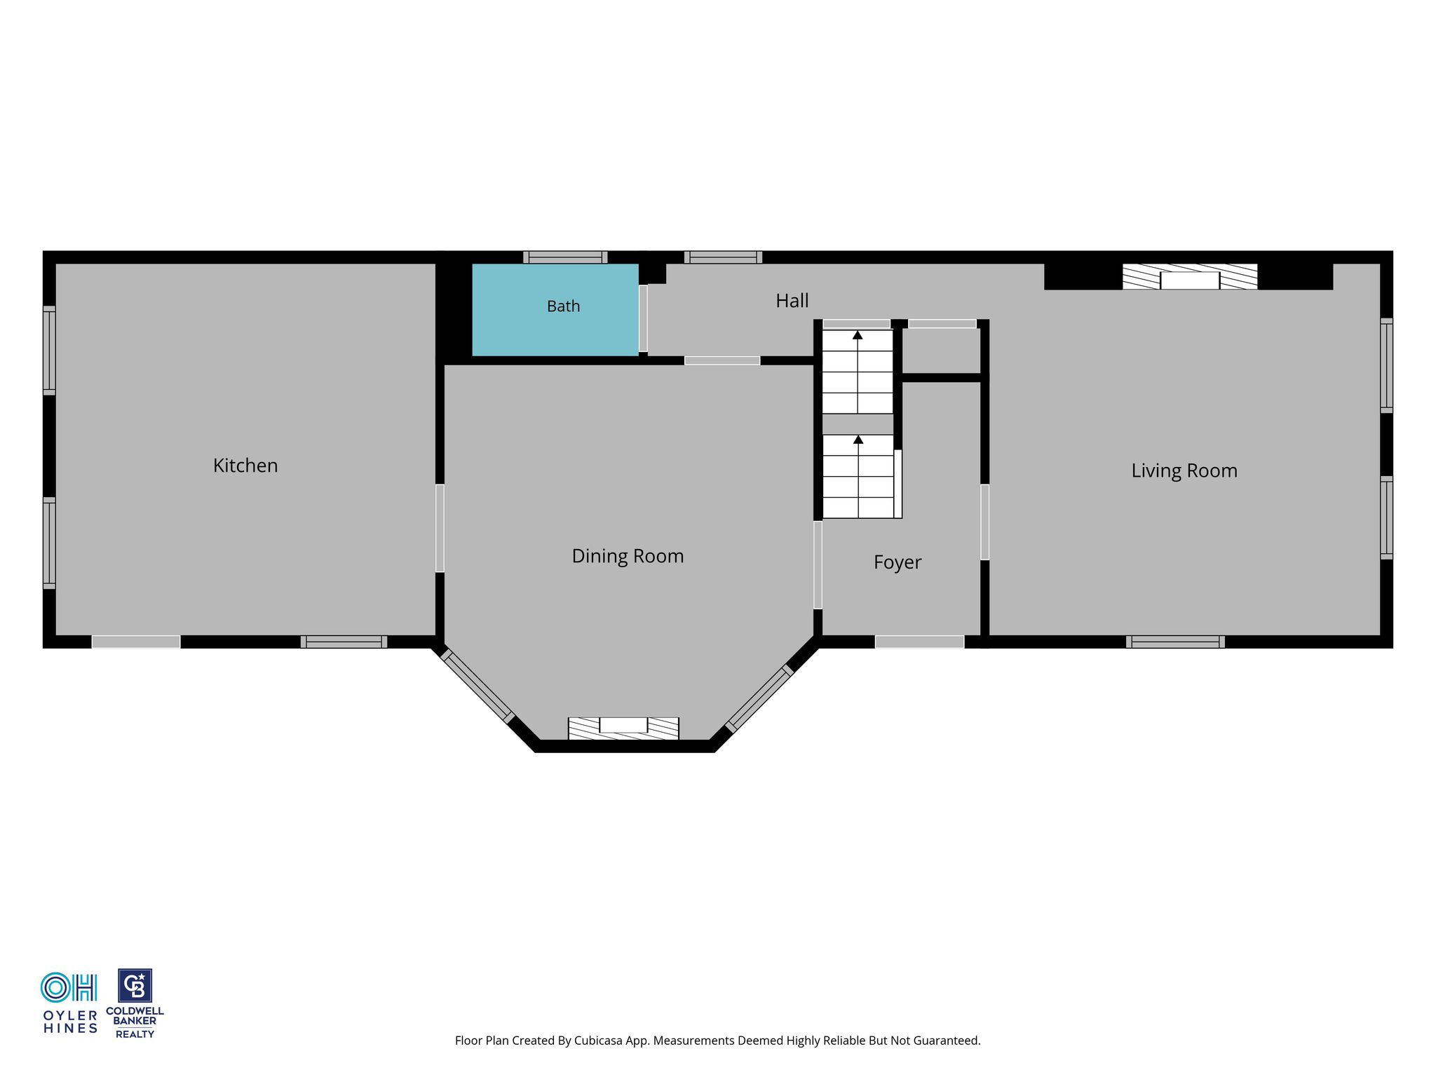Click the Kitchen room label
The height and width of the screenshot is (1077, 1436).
pos(245,466)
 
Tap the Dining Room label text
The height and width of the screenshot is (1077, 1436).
pos(628,556)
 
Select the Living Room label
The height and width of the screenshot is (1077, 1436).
pos(1184,471)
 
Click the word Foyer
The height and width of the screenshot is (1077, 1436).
pos(897,562)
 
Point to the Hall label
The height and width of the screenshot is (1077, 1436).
pos(792,301)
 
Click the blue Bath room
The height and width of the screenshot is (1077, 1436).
pos(555,310)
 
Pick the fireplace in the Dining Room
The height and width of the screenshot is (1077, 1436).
pos(623,729)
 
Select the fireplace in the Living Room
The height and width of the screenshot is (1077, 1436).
pos(1190,276)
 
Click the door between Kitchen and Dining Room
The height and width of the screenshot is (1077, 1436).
pos(440,528)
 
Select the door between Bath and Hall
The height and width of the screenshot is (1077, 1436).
pos(643,318)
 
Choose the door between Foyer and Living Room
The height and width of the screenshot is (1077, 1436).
pos(984,522)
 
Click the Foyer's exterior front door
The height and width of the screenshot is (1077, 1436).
pos(919,642)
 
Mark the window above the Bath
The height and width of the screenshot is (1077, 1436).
pos(565,257)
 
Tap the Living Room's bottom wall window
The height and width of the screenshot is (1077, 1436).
pos(1175,642)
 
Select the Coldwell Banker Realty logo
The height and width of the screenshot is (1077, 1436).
pos(135,1003)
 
